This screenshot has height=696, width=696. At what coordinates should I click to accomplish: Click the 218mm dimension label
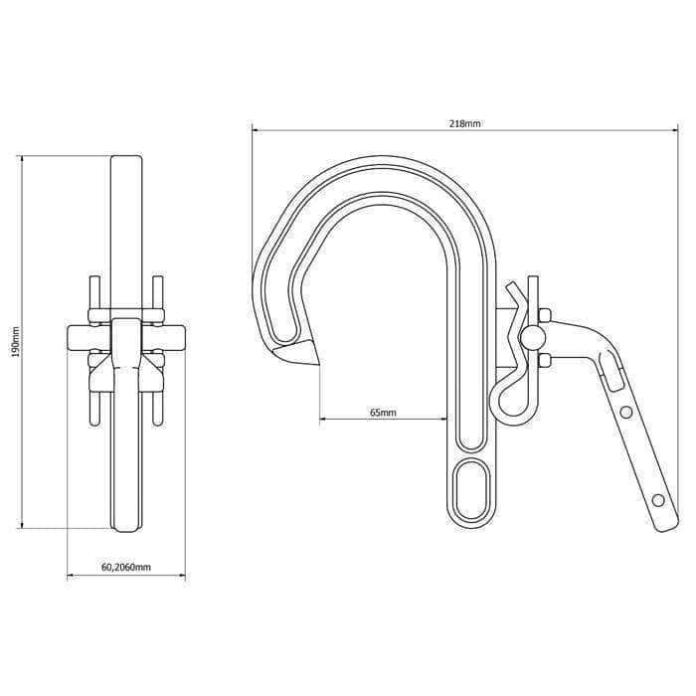tap(465, 123)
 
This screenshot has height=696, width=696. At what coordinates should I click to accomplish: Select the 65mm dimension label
tap(382, 412)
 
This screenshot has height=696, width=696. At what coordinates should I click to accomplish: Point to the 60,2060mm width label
tap(125, 568)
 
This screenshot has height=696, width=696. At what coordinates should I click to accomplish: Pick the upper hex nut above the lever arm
tap(544, 316)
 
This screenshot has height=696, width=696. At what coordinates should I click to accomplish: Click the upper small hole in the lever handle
tap(625, 412)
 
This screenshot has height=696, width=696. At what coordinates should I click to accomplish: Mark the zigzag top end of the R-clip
tap(512, 291)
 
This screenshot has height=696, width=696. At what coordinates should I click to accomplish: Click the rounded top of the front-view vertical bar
tap(125, 162)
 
